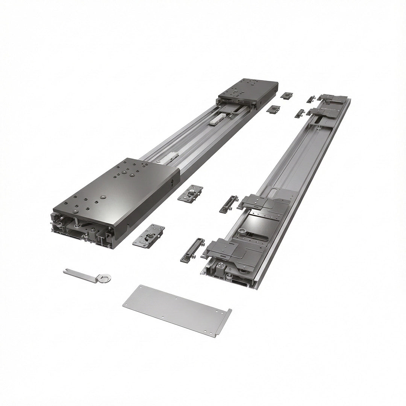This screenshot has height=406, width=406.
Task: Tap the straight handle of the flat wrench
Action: click(81, 273)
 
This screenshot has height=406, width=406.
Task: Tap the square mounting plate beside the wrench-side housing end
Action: click(149, 236)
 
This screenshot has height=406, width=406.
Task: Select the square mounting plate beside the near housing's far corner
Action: click(190, 192)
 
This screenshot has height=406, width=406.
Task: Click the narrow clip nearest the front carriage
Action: click(192, 250)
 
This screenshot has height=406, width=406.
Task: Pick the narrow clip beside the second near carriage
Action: click(229, 204)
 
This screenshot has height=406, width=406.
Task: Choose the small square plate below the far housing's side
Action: click(273, 109)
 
